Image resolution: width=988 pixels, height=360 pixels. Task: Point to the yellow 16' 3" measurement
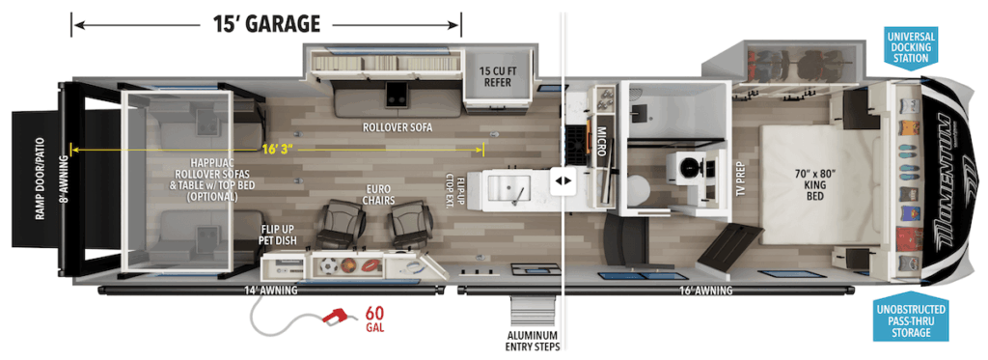pyautogui.click(x=276, y=149)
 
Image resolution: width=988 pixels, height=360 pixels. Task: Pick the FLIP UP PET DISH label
pyautogui.click(x=276, y=235)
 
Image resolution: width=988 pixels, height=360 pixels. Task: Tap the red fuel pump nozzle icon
pyautogui.click(x=338, y=317)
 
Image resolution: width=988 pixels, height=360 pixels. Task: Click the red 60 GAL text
pyautogui.click(x=375, y=318)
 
